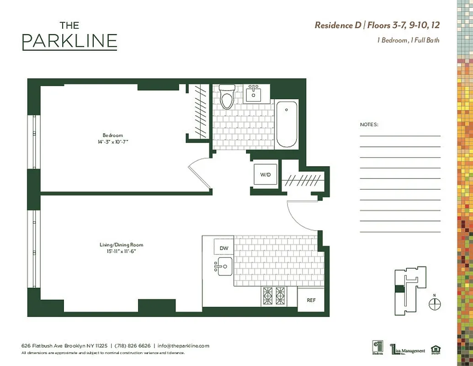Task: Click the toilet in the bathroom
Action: click(x=226, y=97)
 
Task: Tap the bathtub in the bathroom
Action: click(x=287, y=124)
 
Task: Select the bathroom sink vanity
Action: click(x=253, y=94)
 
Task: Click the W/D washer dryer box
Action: click(x=265, y=174)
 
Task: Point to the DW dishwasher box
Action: click(x=223, y=248)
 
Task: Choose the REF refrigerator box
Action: click(x=311, y=300)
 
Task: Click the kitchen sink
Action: click(x=224, y=266)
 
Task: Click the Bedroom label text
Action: click(x=112, y=135)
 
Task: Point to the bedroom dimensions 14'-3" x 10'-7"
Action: click(x=112, y=142)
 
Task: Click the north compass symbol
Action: click(x=435, y=303)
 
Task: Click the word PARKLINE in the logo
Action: click(x=69, y=41)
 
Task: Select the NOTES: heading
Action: click(x=369, y=124)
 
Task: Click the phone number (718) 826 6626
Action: click(x=132, y=346)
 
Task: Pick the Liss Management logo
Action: click(x=407, y=350)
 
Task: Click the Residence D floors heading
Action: click(x=377, y=25)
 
